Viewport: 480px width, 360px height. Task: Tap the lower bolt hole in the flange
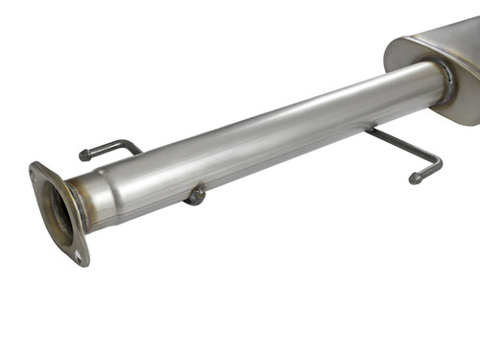point(78,255)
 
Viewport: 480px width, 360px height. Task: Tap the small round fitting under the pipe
point(196,195)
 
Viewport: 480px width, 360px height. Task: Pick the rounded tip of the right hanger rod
point(415,178)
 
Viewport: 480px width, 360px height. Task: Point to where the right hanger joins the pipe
point(369,129)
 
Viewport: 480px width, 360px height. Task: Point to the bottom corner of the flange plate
point(84,263)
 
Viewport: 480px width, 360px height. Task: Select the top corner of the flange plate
point(35,166)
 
